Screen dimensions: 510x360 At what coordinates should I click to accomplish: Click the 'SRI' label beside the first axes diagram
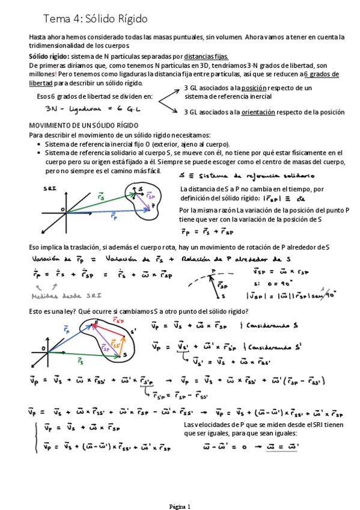click(x=50, y=188)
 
